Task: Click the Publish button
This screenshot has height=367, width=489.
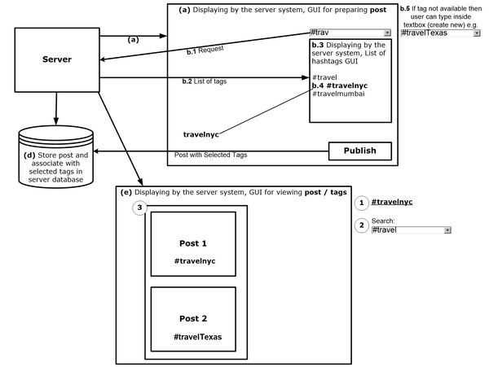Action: [x=359, y=151]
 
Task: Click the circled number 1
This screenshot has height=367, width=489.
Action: [x=363, y=201]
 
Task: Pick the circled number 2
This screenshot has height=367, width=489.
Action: [x=363, y=225]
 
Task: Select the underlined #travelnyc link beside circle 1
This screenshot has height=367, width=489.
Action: [x=392, y=201]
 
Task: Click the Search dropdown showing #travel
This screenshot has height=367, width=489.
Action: [x=411, y=230]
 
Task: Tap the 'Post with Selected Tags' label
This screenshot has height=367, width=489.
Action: [x=210, y=155]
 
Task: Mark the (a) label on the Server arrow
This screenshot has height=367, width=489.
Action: [x=134, y=39]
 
